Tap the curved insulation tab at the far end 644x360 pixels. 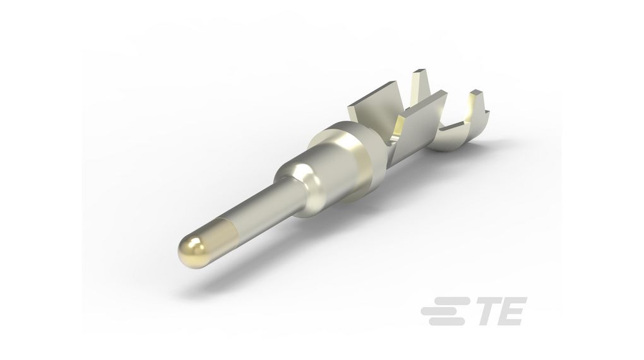click(x=477, y=110)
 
